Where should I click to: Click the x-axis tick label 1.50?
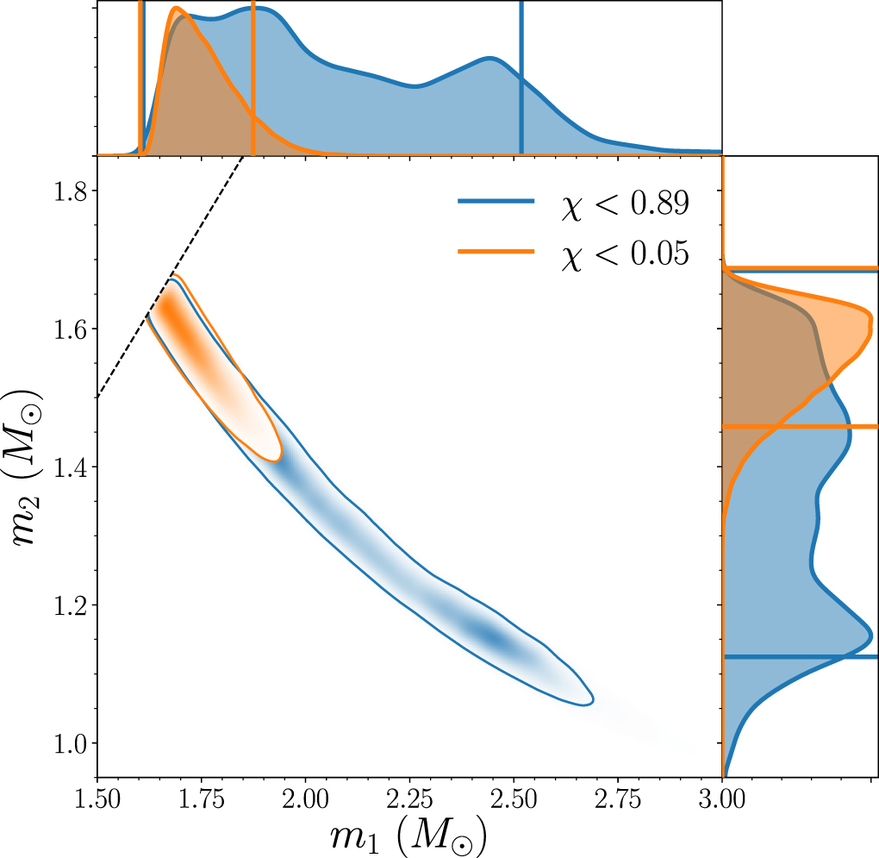97,797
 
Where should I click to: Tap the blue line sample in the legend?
495,203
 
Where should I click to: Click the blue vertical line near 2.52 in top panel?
521,78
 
